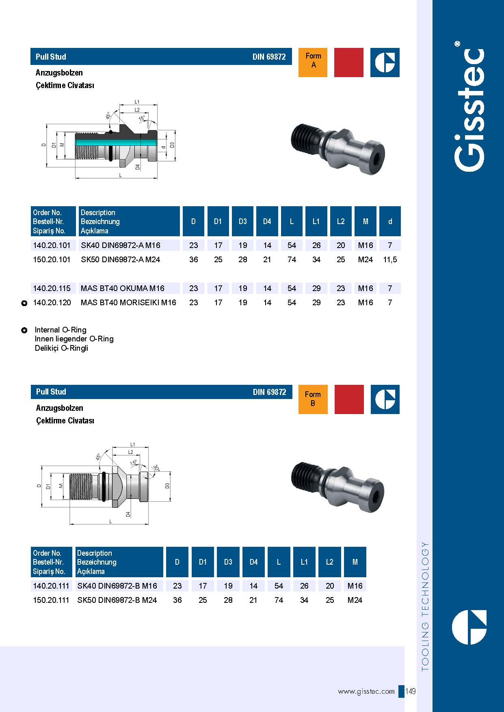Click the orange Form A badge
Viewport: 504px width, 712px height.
tap(313, 62)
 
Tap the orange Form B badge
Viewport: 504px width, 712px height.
tap(313, 399)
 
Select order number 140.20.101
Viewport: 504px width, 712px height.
tap(52, 245)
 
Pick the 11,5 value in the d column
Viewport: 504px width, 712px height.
tap(390, 259)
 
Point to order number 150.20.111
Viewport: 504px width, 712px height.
tap(51, 600)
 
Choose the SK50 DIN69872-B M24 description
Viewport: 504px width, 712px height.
tap(117, 600)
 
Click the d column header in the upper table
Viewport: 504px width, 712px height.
tap(390, 221)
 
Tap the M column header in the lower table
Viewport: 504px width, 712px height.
tap(355, 562)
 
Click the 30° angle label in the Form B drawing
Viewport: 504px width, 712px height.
tap(156, 468)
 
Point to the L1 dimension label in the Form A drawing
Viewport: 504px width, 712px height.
tap(137, 102)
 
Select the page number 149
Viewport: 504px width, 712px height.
tap(411, 691)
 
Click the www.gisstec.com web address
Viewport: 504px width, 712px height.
tap(366, 691)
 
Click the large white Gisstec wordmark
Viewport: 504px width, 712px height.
tap(469, 110)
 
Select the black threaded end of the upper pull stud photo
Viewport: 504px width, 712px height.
tap(305, 138)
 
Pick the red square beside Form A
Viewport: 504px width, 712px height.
tap(348, 62)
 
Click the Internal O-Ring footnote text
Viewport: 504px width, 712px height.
tap(61, 330)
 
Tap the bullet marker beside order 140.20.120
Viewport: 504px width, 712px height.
tap(24, 303)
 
